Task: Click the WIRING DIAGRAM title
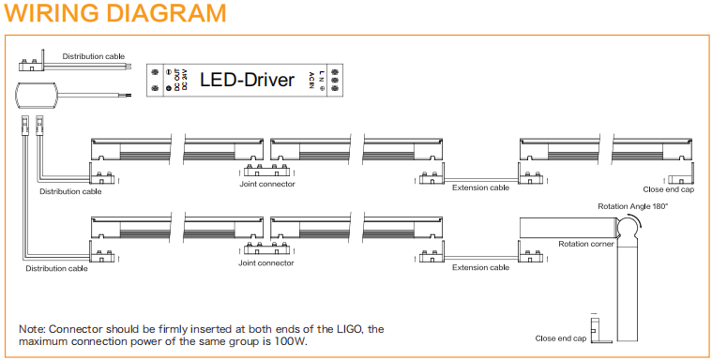click(x=115, y=13)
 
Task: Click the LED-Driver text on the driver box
click(x=248, y=80)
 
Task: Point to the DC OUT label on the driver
click(x=177, y=81)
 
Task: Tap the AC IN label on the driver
click(x=311, y=81)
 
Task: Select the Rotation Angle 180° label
click(x=633, y=206)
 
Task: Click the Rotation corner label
click(x=586, y=244)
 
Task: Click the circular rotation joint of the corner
click(x=627, y=227)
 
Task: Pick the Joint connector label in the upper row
click(x=267, y=184)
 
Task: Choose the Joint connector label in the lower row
click(x=266, y=262)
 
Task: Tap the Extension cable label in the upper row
click(x=481, y=187)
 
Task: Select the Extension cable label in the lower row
click(x=481, y=267)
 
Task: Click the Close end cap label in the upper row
click(x=669, y=189)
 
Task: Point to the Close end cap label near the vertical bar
click(x=561, y=338)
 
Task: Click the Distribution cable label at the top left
click(x=94, y=56)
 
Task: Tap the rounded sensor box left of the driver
click(x=37, y=96)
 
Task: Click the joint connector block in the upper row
click(x=266, y=171)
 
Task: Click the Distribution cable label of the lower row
click(x=57, y=268)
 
